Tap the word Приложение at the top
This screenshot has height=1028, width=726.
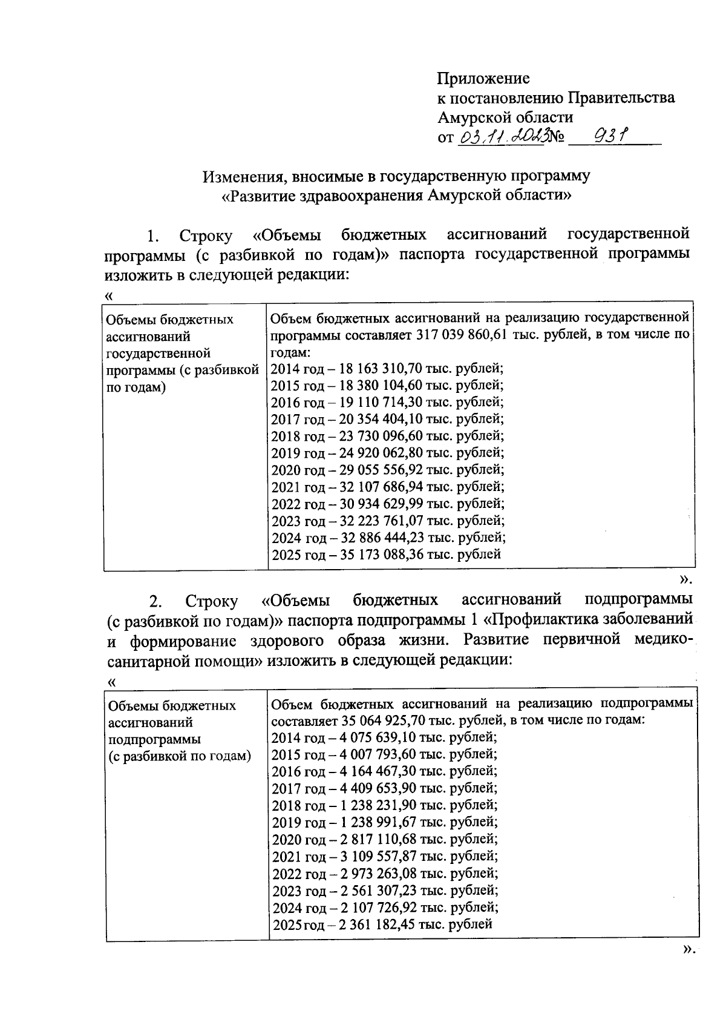483,78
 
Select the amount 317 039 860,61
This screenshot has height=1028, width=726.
462,335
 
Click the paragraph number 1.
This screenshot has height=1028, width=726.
153,236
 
